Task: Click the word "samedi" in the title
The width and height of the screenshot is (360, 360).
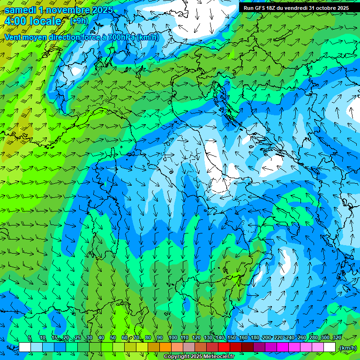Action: tap(19, 10)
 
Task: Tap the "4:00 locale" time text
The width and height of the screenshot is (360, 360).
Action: tap(33, 21)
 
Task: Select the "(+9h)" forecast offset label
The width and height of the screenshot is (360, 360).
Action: tap(79, 21)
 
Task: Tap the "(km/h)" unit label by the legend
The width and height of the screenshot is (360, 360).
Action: tap(348, 348)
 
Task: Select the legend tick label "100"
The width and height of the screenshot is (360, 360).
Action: tap(172, 337)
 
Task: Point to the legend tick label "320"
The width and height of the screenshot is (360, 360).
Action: tap(337, 337)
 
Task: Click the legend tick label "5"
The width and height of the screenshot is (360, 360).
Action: tap(30, 337)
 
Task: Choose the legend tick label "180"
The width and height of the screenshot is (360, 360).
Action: tap(255, 337)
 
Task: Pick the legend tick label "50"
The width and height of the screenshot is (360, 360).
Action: tap(113, 337)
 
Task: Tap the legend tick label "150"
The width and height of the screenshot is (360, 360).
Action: tap(231, 337)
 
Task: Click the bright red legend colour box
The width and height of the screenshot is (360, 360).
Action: tap(224, 347)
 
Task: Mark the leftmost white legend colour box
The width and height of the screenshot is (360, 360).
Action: tap(25, 347)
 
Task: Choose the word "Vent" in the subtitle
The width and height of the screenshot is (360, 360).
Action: tap(13, 37)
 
